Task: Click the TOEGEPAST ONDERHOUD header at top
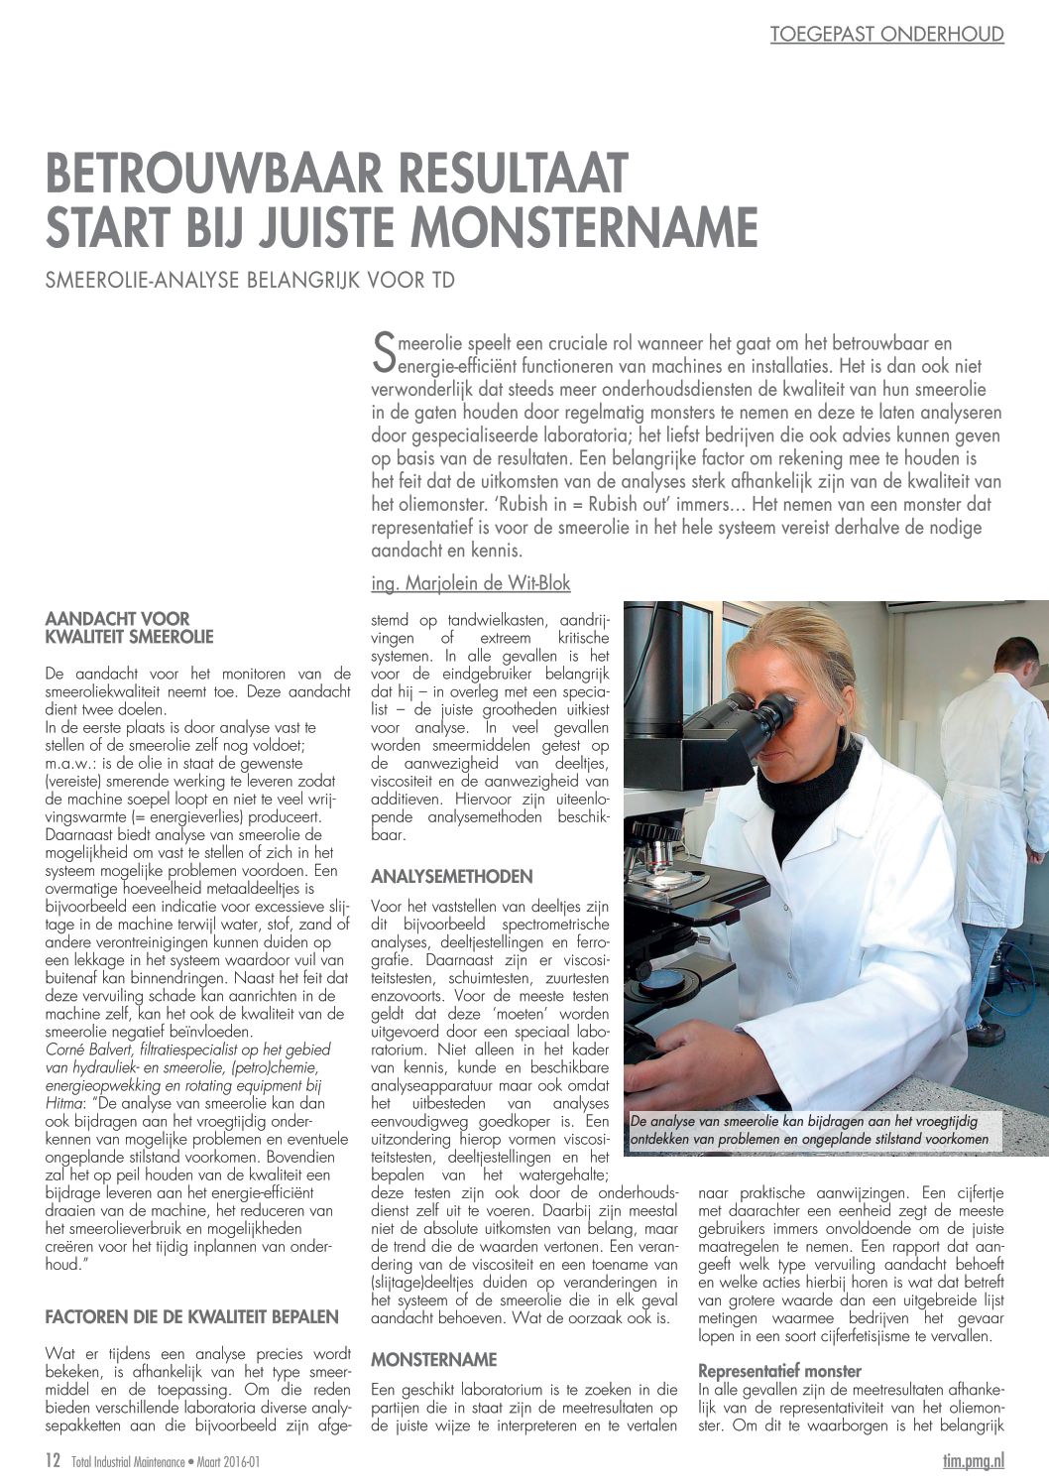click(886, 35)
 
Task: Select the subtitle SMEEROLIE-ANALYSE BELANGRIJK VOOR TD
click(250, 281)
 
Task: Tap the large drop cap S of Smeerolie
click(383, 348)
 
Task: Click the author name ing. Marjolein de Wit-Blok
click(471, 583)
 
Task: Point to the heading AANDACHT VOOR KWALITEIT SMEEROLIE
click(130, 628)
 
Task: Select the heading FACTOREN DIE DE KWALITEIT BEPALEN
click(192, 1317)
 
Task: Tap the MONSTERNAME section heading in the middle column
click(434, 1360)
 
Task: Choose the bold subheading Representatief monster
click(779, 1372)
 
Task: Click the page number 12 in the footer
click(54, 1460)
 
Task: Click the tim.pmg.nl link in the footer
click(973, 1460)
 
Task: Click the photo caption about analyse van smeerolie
click(809, 1130)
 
